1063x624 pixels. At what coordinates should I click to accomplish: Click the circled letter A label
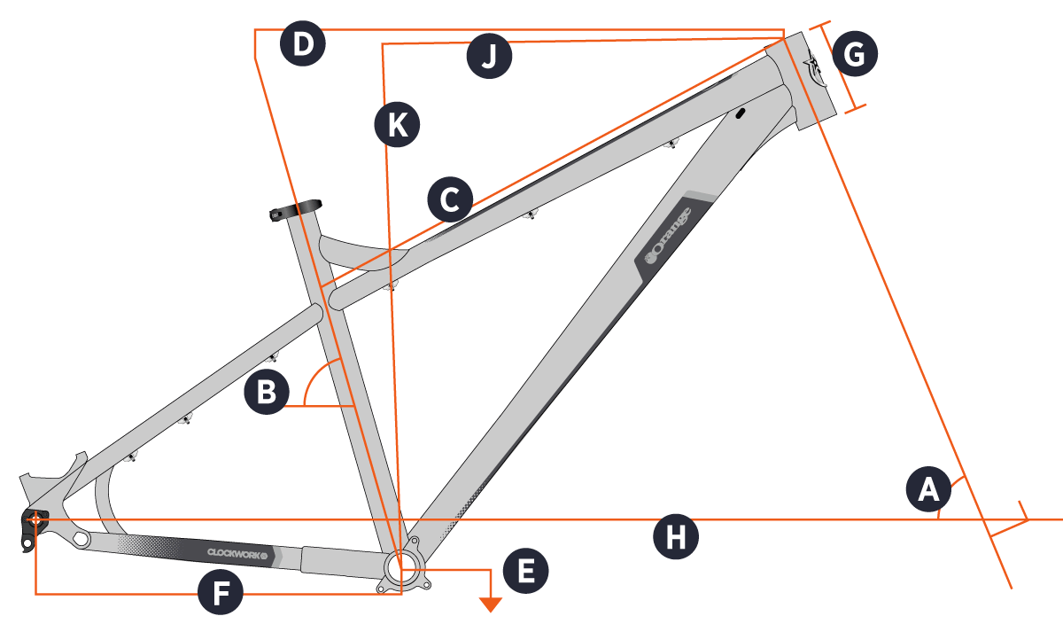tap(928, 489)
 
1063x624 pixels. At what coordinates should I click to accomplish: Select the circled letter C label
tap(450, 200)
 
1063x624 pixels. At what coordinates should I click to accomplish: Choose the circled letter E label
tap(525, 572)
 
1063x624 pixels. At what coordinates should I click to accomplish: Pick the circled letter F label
tap(221, 594)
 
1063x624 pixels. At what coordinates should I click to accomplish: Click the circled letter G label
tap(855, 56)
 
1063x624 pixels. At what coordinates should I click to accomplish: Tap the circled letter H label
tap(676, 537)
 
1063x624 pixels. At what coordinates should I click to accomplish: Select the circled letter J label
tap(490, 58)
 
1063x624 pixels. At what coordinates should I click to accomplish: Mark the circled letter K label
tap(396, 125)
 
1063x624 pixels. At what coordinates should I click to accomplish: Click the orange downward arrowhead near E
tap(490, 604)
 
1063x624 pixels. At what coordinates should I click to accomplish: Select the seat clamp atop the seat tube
tap(296, 211)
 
